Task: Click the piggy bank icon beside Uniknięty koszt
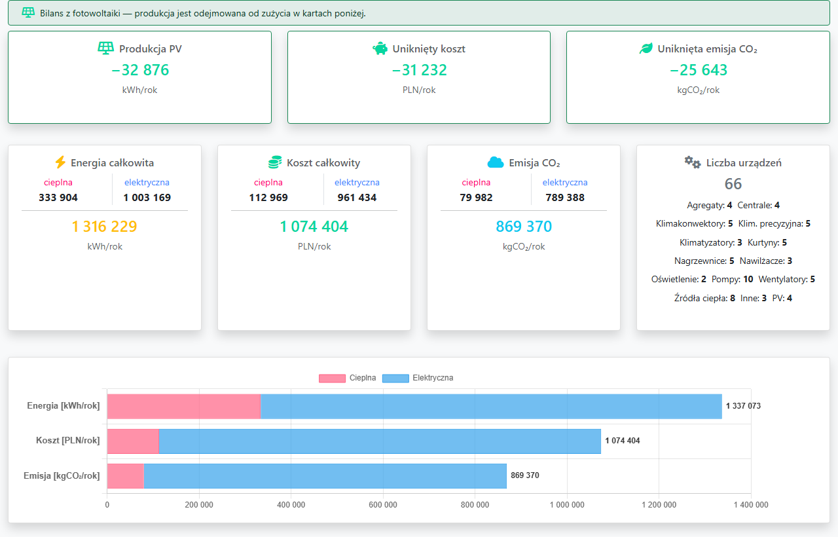380,48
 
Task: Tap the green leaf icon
646,48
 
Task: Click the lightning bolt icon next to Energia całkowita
60,162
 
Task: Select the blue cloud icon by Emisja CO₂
496,162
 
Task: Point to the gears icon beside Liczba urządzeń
693,162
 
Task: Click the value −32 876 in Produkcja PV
140,70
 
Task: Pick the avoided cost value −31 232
419,70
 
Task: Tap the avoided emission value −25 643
698,70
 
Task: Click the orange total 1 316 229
104,227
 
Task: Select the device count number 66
733,184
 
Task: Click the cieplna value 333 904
58,198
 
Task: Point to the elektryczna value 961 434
357,198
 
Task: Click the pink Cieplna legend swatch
332,379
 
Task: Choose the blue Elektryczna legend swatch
395,379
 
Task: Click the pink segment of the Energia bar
184,407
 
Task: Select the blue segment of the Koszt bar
380,441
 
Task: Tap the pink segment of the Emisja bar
125,476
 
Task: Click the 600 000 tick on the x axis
383,505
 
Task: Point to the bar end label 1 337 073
743,406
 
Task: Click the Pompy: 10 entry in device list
732,279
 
